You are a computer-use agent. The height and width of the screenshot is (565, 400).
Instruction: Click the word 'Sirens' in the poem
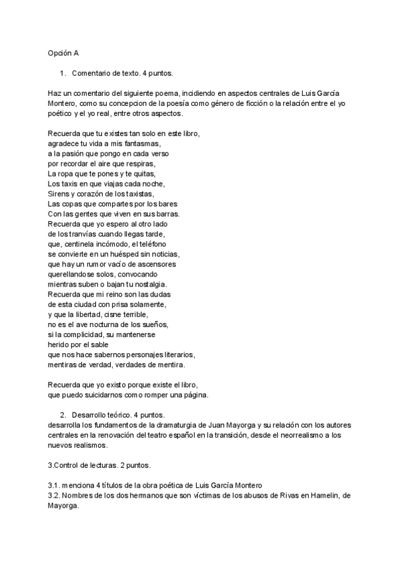[59, 193]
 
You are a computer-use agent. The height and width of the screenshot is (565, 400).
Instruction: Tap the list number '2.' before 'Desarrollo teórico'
[63, 414]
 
